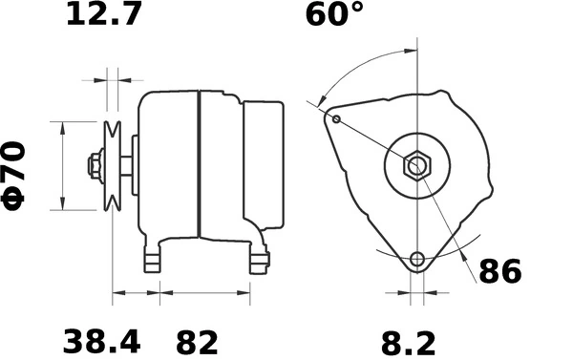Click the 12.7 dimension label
point(102,16)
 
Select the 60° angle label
point(334,16)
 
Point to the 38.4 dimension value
point(101,341)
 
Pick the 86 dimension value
point(499,271)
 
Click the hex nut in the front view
point(417,165)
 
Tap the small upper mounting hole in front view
point(337,118)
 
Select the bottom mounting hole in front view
point(416,259)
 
